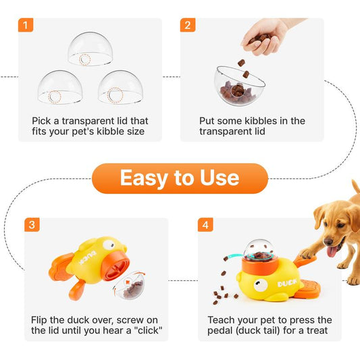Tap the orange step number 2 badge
point(188,26)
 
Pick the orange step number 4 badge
point(205,225)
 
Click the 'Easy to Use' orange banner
point(180,178)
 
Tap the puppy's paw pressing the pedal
point(308,254)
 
